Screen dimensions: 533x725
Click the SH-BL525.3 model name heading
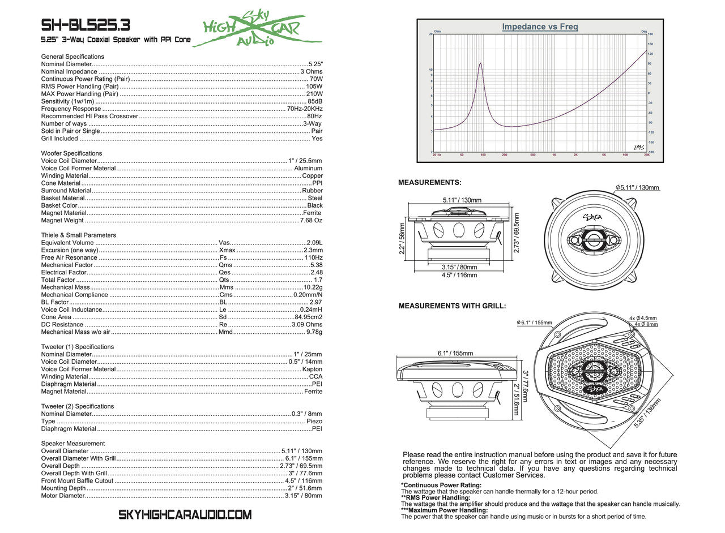tap(86, 25)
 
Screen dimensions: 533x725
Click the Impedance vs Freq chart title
tap(540, 27)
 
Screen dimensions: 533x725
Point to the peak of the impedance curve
tap(480, 63)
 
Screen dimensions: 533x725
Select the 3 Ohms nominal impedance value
tap(312, 72)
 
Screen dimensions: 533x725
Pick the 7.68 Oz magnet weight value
tap(311, 221)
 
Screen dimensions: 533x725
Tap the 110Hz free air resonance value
tap(313, 257)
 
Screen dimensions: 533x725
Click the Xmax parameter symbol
tap(227, 250)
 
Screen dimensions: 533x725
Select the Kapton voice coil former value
tap(313, 369)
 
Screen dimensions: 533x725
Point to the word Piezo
tap(314, 422)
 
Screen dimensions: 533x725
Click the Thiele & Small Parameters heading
tap(78, 235)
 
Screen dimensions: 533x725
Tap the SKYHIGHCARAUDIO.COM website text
tap(185, 515)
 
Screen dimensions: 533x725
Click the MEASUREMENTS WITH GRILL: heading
tap(452, 306)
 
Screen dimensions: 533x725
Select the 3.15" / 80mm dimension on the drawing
tap(459, 267)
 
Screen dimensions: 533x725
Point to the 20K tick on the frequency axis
tap(647, 154)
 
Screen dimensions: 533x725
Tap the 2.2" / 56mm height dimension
tap(402, 240)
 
